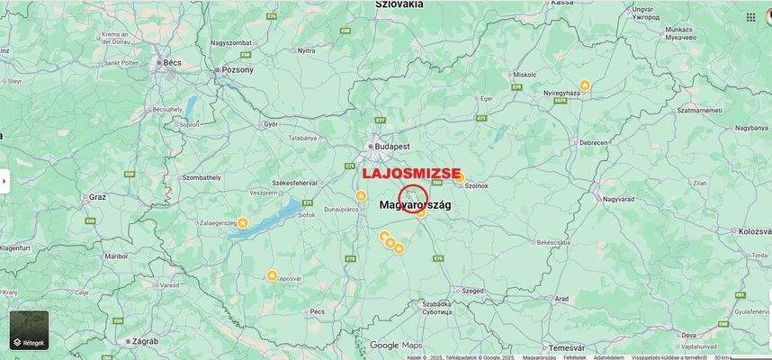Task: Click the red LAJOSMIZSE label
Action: pyautogui.click(x=410, y=173)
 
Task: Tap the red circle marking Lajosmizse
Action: pyautogui.click(x=413, y=199)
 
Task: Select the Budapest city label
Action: pyautogui.click(x=393, y=145)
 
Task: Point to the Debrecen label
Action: pyautogui.click(x=593, y=142)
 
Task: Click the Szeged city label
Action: pyautogui.click(x=471, y=291)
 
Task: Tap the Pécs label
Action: pyautogui.click(x=316, y=311)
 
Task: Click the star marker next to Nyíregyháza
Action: pyautogui.click(x=584, y=85)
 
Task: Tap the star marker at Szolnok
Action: pyautogui.click(x=459, y=178)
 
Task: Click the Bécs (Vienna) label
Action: pyautogui.click(x=171, y=63)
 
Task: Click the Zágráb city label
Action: pyautogui.click(x=144, y=342)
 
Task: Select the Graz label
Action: pyautogui.click(x=97, y=196)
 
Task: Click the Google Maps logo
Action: pyautogui.click(x=395, y=346)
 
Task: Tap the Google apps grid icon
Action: pyautogui.click(x=750, y=17)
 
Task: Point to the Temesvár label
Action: pyautogui.click(x=568, y=347)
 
